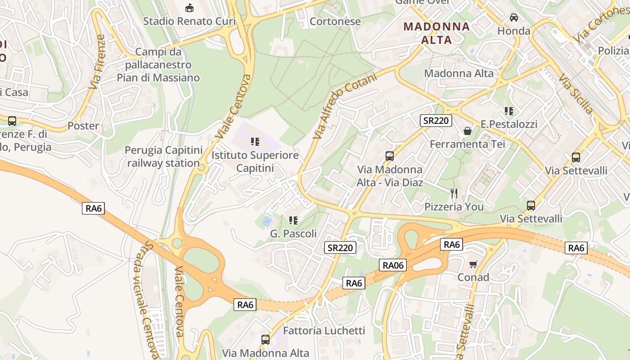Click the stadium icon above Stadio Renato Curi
[189, 8]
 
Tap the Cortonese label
[335, 21]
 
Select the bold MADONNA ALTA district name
[436, 33]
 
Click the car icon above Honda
[513, 18]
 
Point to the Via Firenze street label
[97, 62]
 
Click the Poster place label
[83, 126]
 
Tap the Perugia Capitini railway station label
[163, 156]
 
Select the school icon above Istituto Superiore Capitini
[255, 142]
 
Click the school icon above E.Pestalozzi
[509, 111]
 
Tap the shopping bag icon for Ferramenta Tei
[468, 131]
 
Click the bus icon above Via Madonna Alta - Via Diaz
[390, 156]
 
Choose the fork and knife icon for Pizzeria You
[454, 193]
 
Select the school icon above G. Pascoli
[293, 220]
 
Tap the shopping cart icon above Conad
[473, 264]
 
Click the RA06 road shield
[393, 265]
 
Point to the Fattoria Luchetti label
[324, 331]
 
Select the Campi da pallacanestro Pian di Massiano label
[158, 65]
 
